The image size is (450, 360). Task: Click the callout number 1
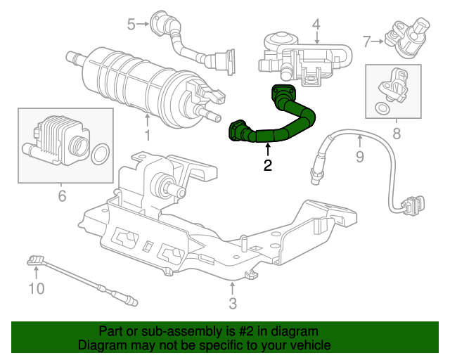(x=147, y=134)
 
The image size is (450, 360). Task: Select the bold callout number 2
(x=267, y=166)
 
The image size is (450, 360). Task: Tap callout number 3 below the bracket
(x=233, y=303)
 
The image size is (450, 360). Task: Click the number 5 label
(x=131, y=25)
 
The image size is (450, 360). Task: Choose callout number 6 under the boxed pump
(x=62, y=195)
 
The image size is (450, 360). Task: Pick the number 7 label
(x=366, y=41)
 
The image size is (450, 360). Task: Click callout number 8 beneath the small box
(x=397, y=133)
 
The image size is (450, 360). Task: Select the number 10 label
(x=36, y=288)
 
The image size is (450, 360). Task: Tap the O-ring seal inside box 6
(x=101, y=152)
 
